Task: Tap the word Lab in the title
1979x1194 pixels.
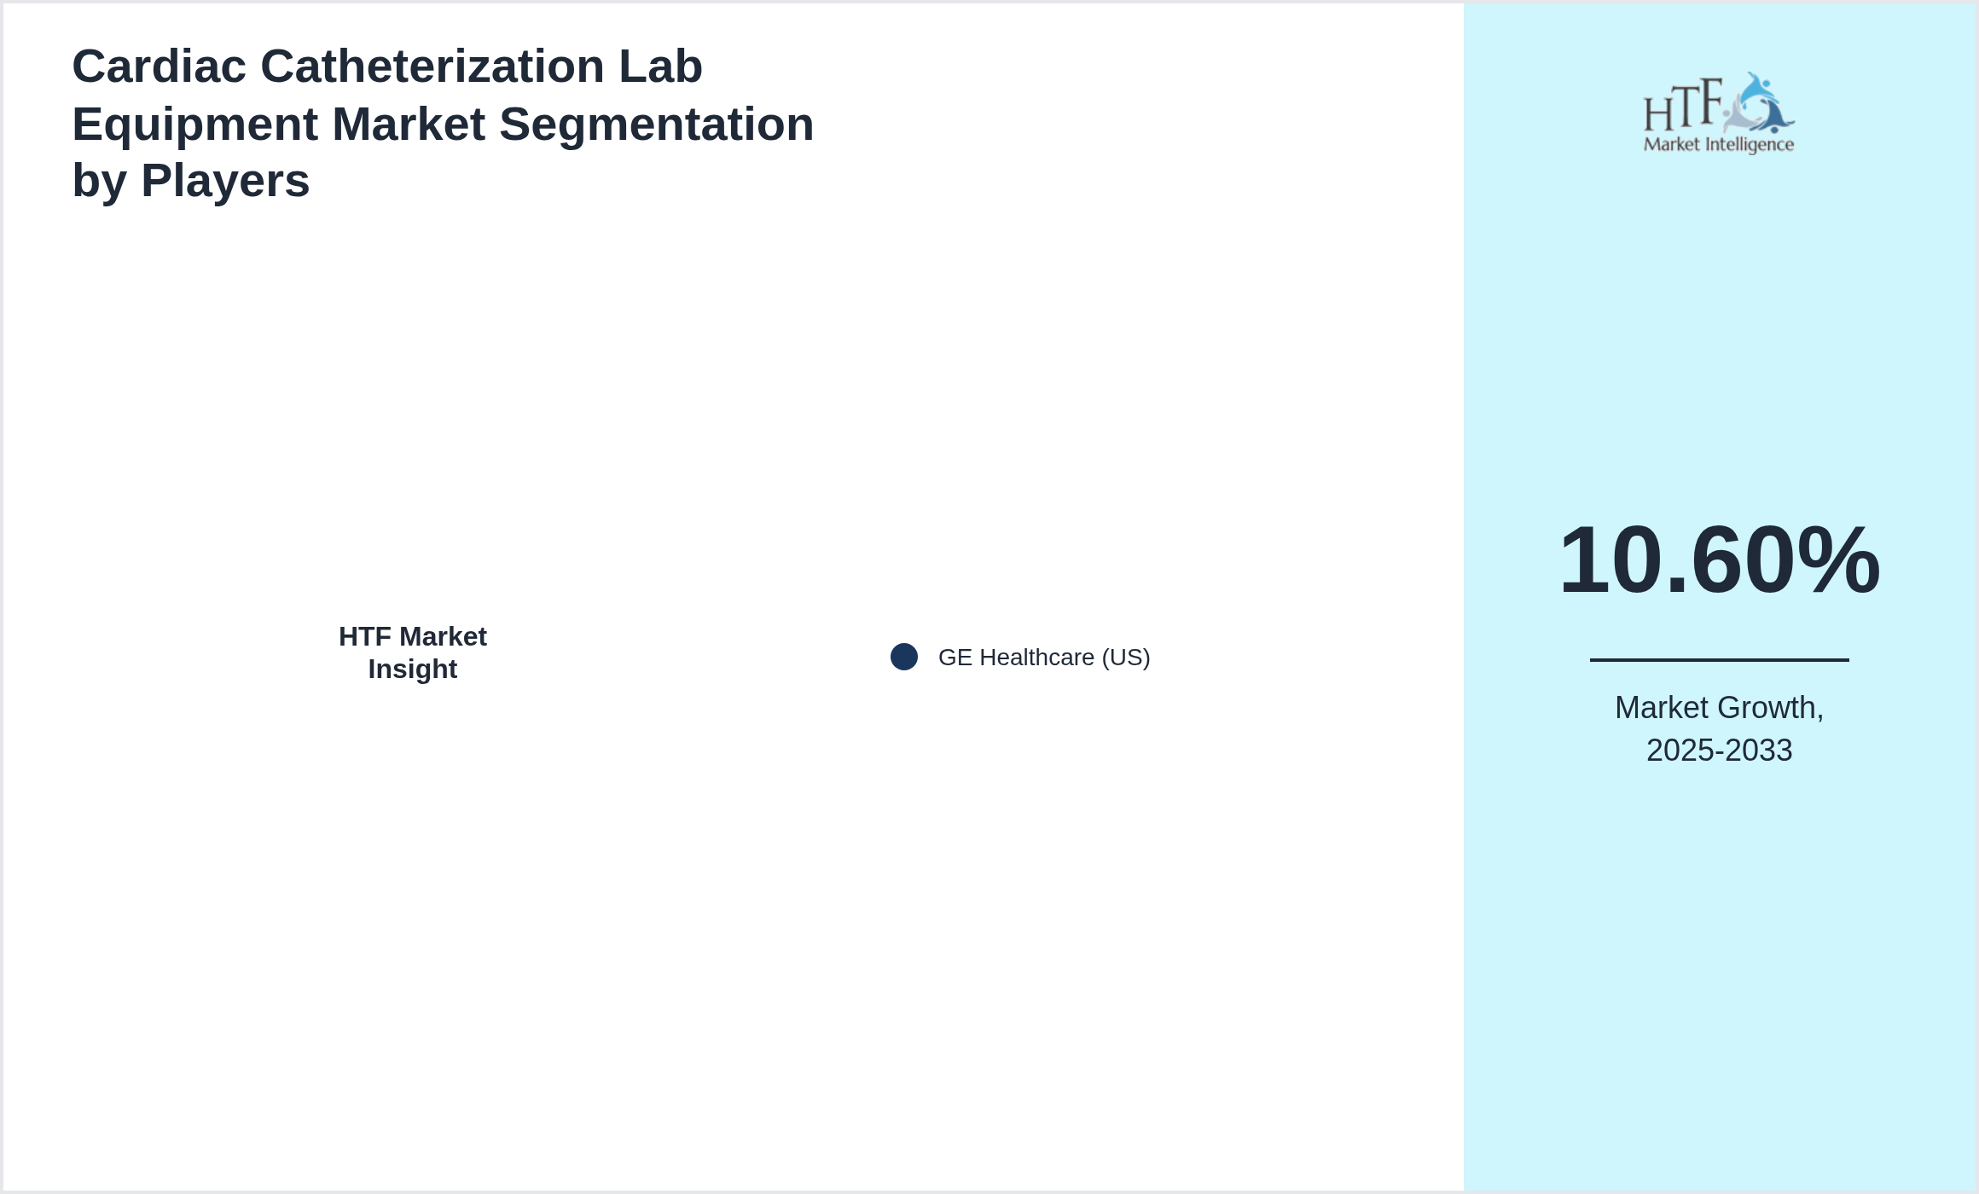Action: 660,67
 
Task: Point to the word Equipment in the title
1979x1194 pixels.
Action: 194,125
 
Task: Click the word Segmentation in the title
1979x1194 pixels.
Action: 656,125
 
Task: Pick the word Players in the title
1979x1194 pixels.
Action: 225,181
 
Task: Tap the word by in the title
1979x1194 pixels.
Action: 99,181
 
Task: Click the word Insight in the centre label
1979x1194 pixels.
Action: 413,669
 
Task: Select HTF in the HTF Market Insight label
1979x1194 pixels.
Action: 365,637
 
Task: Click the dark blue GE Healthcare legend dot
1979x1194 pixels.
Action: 904,657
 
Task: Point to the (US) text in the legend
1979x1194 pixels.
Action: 1126,658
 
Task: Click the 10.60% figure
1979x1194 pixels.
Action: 1719,560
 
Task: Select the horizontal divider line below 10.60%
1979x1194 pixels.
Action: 1719,659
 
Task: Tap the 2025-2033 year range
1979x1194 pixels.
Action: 1719,751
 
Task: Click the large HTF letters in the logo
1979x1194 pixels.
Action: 1681,107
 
